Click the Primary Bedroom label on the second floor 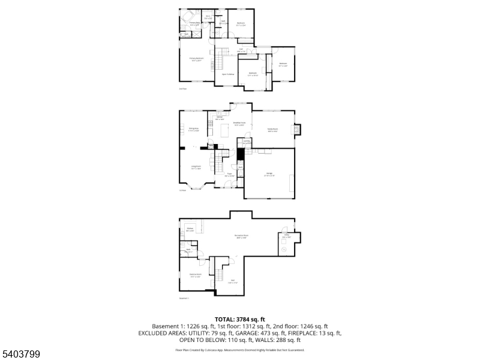(197, 59)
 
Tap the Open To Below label (228, 74)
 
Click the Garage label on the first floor (270, 175)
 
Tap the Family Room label (272, 129)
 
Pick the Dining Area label (194, 129)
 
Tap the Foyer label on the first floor (229, 175)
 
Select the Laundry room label (247, 143)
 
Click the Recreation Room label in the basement (241, 236)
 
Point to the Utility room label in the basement (287, 235)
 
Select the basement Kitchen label (190, 229)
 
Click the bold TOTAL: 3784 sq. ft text (239, 319)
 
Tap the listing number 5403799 (20, 355)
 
